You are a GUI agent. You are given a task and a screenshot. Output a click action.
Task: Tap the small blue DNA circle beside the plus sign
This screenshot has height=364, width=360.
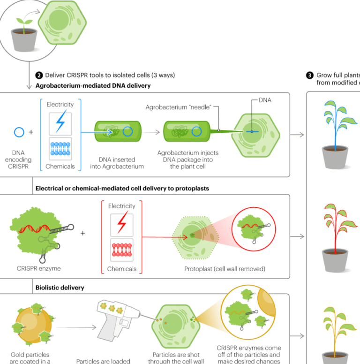19,132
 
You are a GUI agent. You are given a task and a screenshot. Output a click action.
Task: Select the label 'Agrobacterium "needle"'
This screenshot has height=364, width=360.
180,107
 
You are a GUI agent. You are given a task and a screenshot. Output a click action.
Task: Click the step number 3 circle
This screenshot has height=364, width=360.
309,75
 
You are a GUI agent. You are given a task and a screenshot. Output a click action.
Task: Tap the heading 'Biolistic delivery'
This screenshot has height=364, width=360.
60,287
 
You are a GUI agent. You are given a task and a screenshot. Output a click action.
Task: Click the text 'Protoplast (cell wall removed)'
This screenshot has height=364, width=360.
225,269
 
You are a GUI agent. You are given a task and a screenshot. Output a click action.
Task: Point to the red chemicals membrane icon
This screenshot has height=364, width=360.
122,251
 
